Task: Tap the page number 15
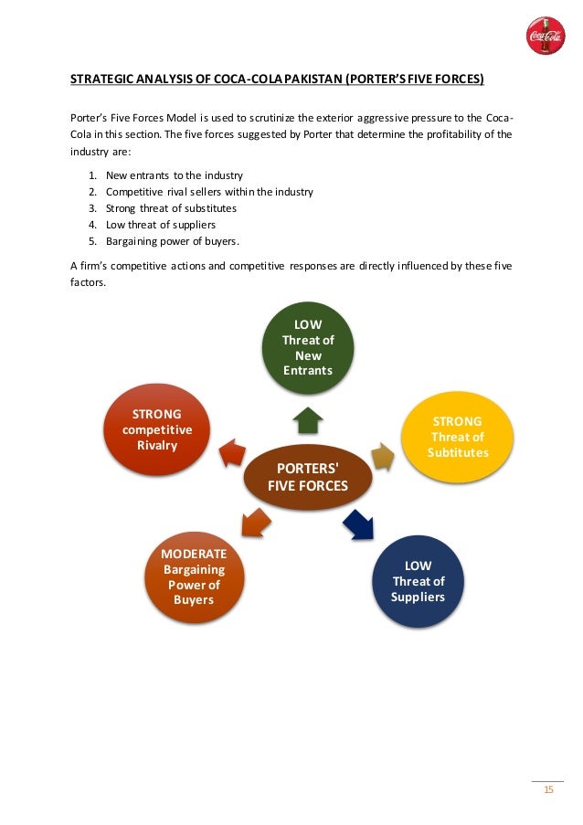pyautogui.click(x=548, y=790)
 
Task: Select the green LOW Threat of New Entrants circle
pyautogui.click(x=308, y=348)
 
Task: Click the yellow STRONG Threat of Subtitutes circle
pyautogui.click(x=458, y=437)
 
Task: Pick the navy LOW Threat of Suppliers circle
pyautogui.click(x=419, y=581)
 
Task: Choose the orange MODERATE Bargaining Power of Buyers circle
pyautogui.click(x=193, y=577)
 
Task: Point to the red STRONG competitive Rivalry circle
pyautogui.click(x=156, y=429)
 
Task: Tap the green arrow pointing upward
pyautogui.click(x=308, y=419)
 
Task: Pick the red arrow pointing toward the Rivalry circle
pyautogui.click(x=232, y=451)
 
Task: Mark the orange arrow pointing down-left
pyautogui.click(x=255, y=524)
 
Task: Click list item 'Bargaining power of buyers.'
pyautogui.click(x=173, y=240)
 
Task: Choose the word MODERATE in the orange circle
pyautogui.click(x=193, y=555)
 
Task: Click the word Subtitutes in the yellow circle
pyautogui.click(x=458, y=453)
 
